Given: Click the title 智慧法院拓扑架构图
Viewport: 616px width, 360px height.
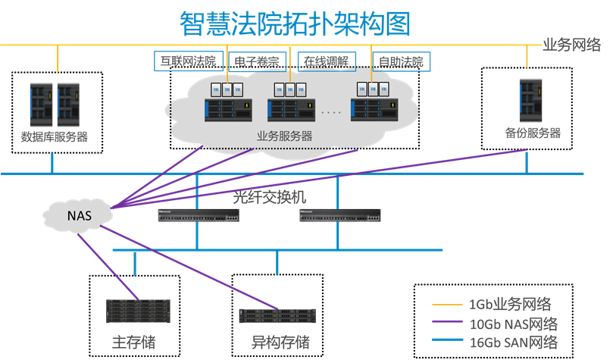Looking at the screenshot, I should tap(295, 23).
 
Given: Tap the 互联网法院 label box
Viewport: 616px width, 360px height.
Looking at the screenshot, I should tap(184, 60).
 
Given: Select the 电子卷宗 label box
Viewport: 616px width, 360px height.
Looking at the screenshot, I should tap(257, 61).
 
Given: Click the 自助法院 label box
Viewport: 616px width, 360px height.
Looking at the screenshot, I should tap(400, 61).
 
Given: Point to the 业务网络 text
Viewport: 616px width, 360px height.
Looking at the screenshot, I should tap(572, 45).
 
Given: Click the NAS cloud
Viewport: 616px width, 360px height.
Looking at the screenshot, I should tap(79, 215).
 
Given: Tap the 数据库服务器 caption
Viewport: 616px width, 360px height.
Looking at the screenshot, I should tap(55, 137).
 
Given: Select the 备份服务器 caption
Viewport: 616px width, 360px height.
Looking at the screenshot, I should tap(533, 133).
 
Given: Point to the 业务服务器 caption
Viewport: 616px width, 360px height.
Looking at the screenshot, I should tap(285, 136).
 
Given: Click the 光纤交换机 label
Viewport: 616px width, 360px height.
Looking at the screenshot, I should tap(270, 197).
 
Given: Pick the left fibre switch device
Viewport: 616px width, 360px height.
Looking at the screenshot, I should tap(199, 216).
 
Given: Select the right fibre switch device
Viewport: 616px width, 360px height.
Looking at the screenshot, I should tap(340, 216).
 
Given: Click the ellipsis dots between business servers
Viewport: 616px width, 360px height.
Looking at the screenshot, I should tap(331, 112).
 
